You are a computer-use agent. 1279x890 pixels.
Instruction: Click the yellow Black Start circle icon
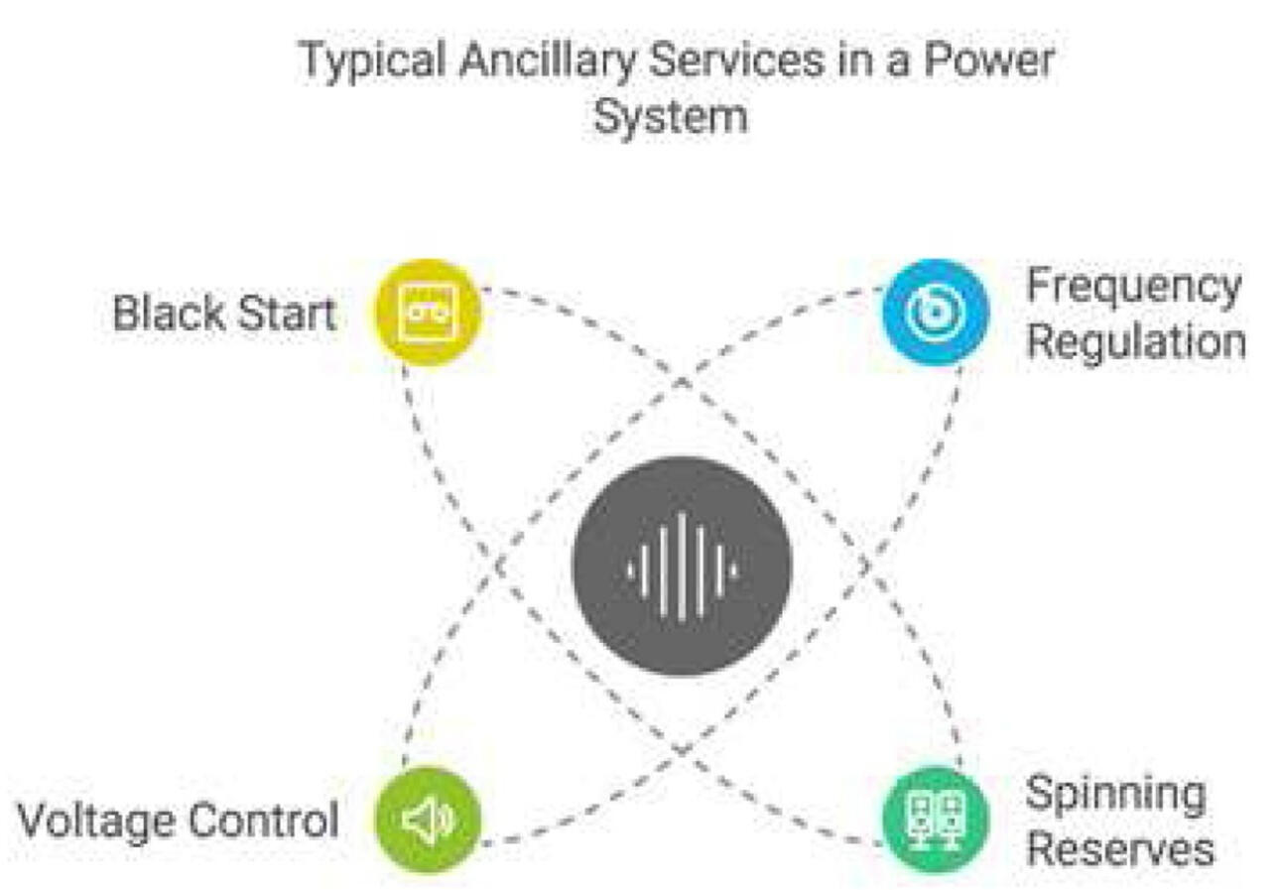(428, 313)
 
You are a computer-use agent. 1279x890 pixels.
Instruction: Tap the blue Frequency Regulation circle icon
(935, 313)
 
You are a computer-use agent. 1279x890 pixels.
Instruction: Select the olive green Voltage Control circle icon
(428, 821)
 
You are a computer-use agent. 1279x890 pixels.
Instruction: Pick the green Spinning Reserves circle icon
(935, 821)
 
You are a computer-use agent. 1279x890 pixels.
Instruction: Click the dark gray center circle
(682, 567)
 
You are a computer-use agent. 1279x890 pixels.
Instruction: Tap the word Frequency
(1133, 288)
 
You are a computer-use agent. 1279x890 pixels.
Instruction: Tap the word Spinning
(1114, 795)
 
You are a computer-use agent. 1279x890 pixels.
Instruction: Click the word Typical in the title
(357, 62)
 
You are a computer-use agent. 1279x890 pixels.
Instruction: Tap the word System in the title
(670, 116)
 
